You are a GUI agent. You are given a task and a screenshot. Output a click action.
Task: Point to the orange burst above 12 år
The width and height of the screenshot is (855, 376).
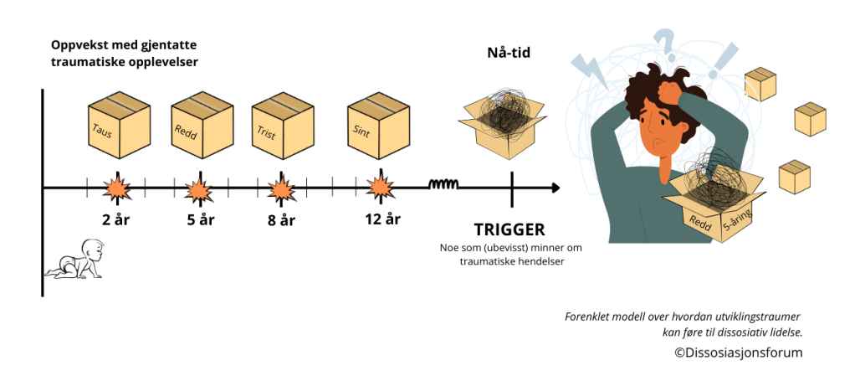(x=381, y=187)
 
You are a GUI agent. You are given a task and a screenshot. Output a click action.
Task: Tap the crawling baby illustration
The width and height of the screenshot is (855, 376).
(x=77, y=260)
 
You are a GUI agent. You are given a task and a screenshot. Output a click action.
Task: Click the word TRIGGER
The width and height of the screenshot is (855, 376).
(x=509, y=229)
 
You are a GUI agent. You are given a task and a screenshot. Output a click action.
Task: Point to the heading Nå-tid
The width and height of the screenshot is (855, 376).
(x=509, y=54)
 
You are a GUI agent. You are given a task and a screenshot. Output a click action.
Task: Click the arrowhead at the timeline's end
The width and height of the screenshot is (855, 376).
(x=555, y=188)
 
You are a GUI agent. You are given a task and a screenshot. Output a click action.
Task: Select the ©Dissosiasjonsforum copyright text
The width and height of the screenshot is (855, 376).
(x=739, y=353)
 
